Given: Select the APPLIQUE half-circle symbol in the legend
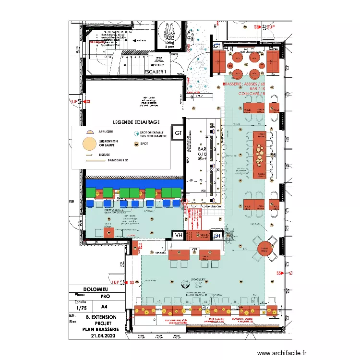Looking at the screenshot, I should click(x=89, y=131).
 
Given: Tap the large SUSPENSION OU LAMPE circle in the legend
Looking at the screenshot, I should click(x=88, y=143).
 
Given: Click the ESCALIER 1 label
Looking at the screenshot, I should click(x=155, y=72).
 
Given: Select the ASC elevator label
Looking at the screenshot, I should click(x=169, y=38).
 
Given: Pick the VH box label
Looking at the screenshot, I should click(x=179, y=235).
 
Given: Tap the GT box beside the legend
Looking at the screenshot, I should click(x=179, y=133).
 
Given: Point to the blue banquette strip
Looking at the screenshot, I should click(x=134, y=183).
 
